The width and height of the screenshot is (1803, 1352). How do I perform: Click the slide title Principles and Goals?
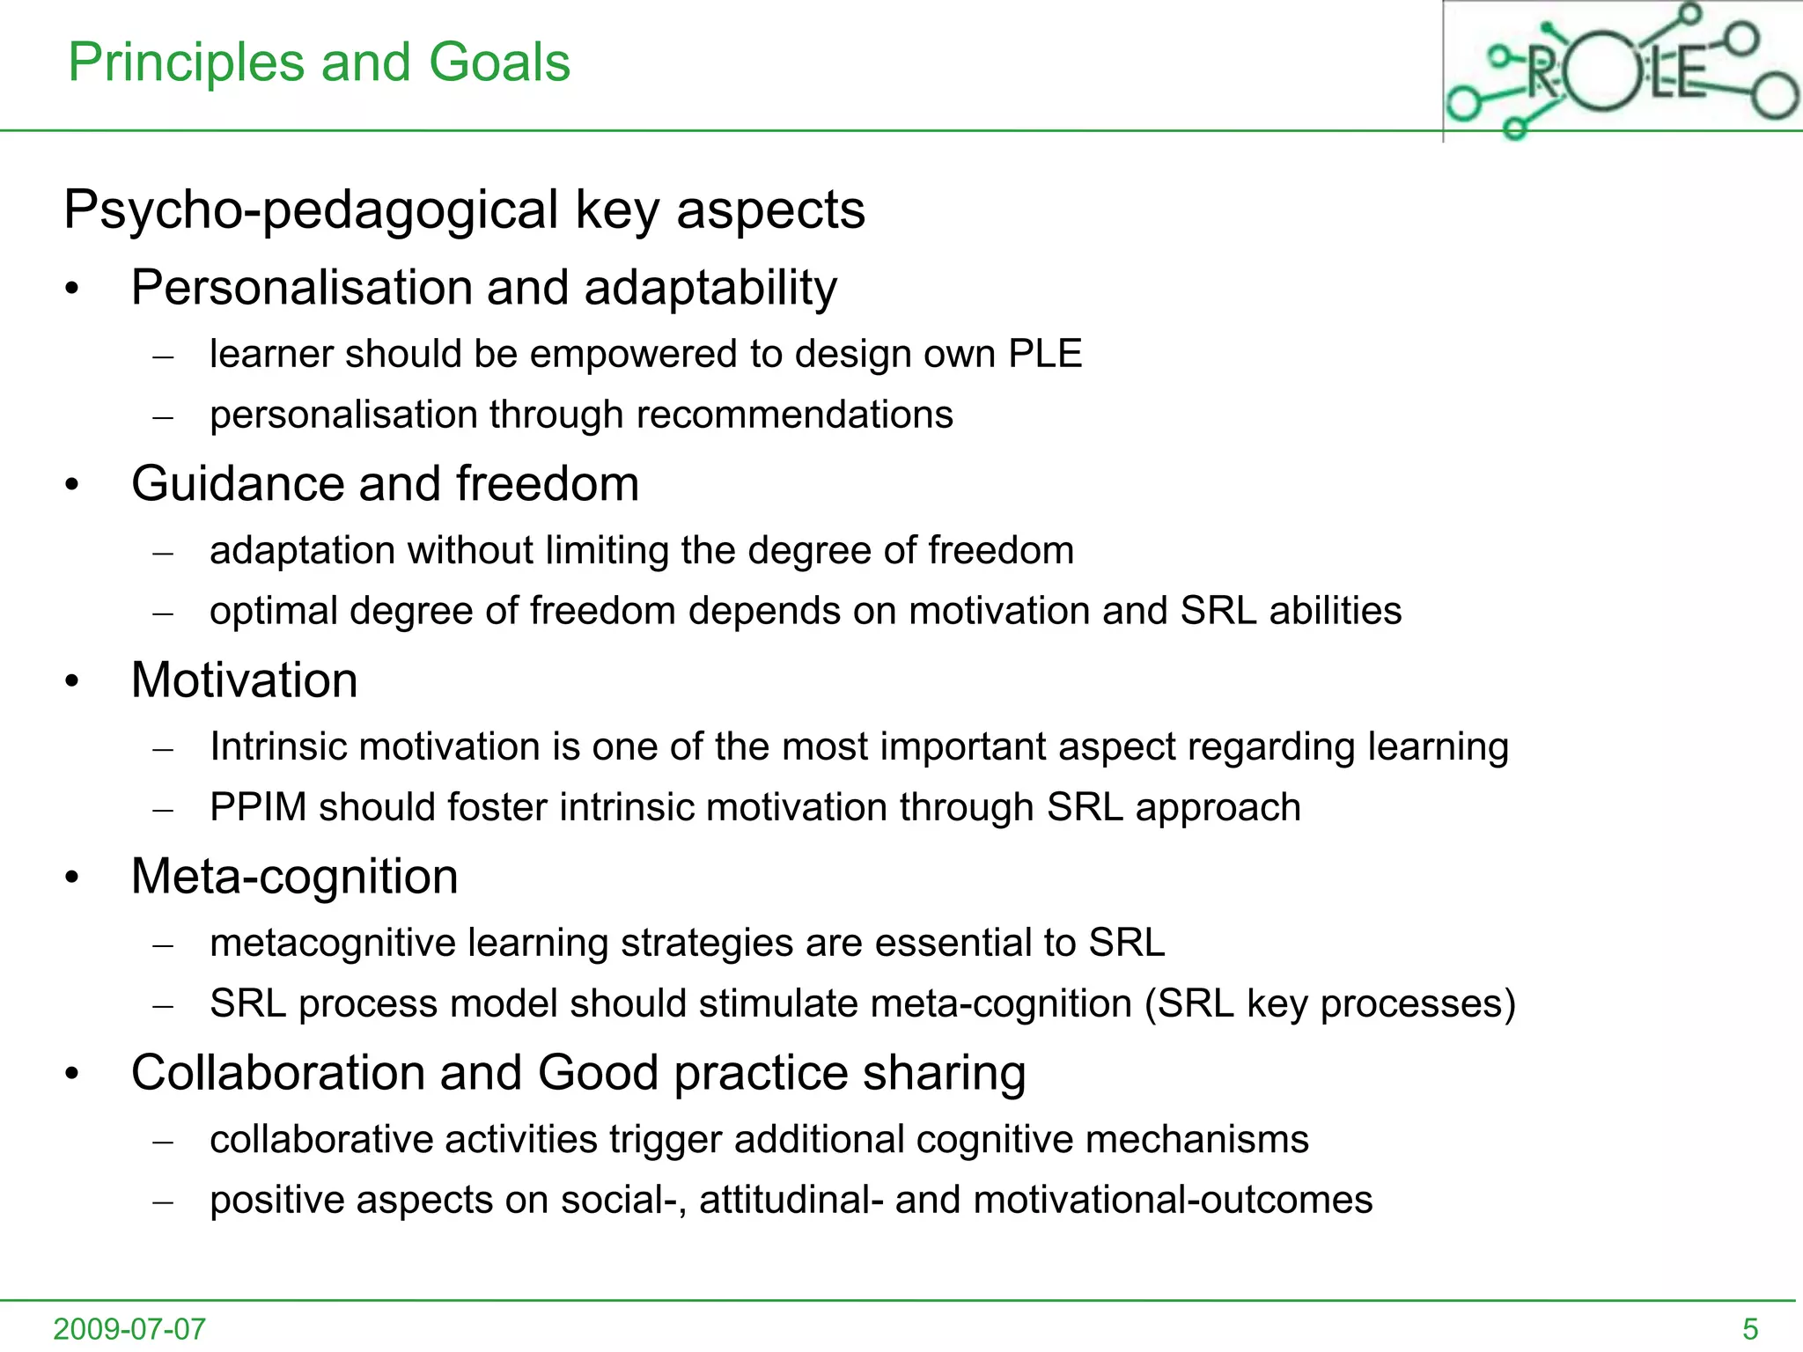[319, 62]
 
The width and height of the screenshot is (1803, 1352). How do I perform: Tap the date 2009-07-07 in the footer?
[129, 1328]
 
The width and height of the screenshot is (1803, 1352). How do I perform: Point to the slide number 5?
[1750, 1328]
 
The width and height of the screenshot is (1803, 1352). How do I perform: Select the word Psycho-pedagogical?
[312, 210]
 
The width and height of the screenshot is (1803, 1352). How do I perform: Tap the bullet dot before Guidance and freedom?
[72, 485]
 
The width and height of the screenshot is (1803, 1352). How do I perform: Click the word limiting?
[607, 551]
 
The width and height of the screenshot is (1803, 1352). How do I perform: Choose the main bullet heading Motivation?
[244, 680]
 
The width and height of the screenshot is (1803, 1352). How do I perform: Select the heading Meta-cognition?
[294, 877]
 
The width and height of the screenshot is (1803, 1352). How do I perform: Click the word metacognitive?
[333, 943]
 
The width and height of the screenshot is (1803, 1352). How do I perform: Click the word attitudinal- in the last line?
[791, 1200]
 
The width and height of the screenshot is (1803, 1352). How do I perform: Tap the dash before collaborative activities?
[163, 1142]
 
